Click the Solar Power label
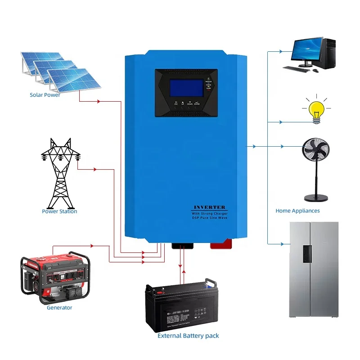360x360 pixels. [x=45, y=95]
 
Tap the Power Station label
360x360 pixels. [x=59, y=211]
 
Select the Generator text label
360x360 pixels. [x=59, y=308]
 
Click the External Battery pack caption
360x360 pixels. [x=188, y=336]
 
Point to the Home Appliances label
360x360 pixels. [x=297, y=211]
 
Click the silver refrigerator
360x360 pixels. [x=313, y=270]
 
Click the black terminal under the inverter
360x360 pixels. [x=182, y=246]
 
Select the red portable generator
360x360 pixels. [x=55, y=279]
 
